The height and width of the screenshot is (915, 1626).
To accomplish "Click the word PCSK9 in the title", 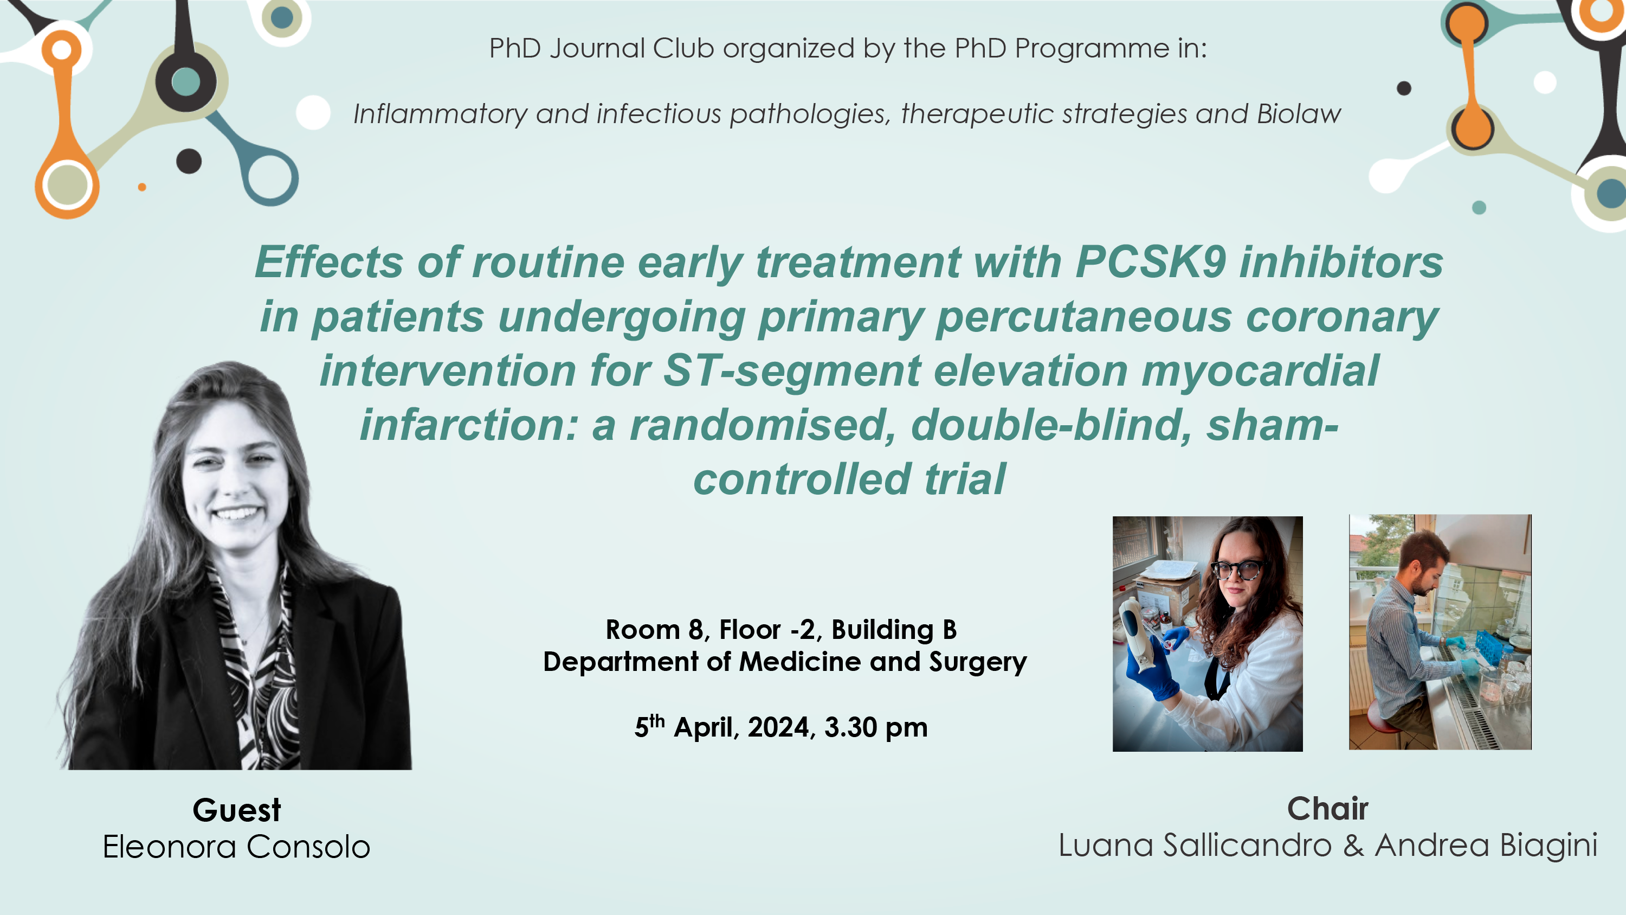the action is pyautogui.click(x=1151, y=262).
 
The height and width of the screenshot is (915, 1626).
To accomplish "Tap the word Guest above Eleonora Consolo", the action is pyautogui.click(x=237, y=810).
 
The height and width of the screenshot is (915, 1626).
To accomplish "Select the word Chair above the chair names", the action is pyautogui.click(x=1327, y=808).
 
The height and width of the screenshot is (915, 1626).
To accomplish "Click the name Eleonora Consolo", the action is pyautogui.click(x=237, y=846).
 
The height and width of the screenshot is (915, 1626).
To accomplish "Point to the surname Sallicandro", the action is pyautogui.click(x=1247, y=845).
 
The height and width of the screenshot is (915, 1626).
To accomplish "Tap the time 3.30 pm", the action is pyautogui.click(x=876, y=727).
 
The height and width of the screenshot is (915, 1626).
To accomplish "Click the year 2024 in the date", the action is pyautogui.click(x=778, y=727).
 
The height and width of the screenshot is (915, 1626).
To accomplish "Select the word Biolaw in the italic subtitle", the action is pyautogui.click(x=1299, y=114).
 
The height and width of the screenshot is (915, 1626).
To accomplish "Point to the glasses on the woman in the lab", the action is pyautogui.click(x=1237, y=569).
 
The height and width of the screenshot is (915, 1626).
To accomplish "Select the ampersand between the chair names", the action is pyautogui.click(x=1353, y=846).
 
